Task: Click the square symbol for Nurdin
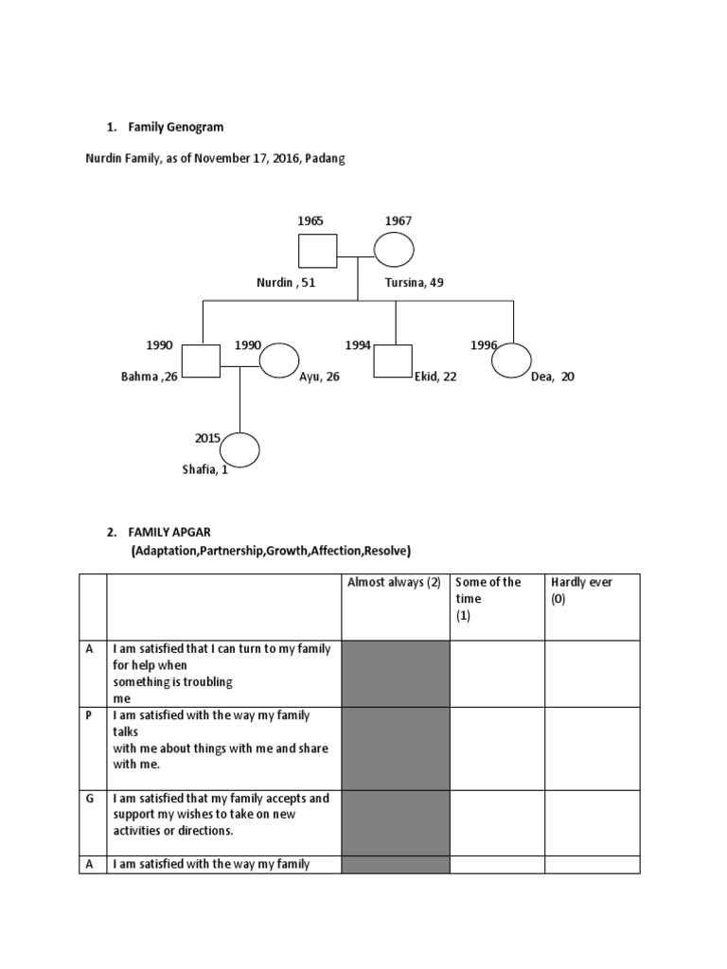tap(318, 251)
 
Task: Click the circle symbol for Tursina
tap(394, 251)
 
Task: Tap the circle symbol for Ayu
tap(278, 361)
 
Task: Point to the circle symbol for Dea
tap(511, 361)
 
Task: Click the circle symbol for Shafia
tap(239, 449)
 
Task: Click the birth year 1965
tap(310, 220)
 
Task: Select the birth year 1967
tap(398, 220)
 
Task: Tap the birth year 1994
tap(358, 345)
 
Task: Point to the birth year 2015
tap(207, 438)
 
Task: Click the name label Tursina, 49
tap(415, 283)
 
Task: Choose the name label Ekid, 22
tap(435, 377)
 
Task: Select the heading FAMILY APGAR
tap(176, 533)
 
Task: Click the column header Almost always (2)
tap(395, 582)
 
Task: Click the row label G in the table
tap(90, 798)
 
